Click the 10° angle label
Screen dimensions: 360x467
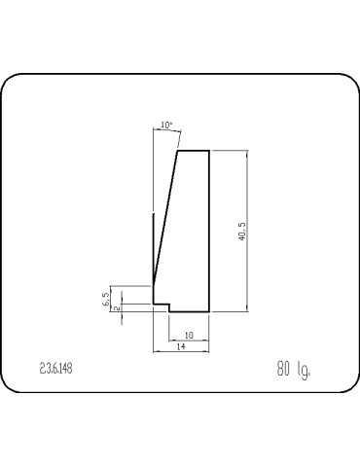(166, 125)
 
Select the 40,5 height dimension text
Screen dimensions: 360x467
(242, 231)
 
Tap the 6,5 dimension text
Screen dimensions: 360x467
(106, 299)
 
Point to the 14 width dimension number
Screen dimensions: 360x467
(181, 346)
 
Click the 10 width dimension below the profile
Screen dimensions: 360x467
(189, 336)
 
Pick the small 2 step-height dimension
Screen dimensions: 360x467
(118, 307)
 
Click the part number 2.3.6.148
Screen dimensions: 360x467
(55, 369)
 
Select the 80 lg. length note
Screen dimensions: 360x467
(293, 369)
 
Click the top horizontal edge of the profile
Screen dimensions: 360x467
(194, 151)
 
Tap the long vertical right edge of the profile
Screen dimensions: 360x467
(209, 232)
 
